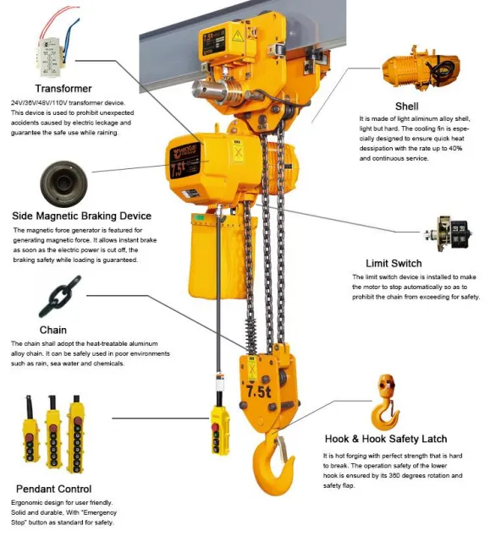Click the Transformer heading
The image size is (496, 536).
[63, 88]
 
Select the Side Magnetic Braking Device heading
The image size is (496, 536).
[82, 216]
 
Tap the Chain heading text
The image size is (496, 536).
[52, 330]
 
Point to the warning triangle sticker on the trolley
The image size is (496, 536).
[238, 38]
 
